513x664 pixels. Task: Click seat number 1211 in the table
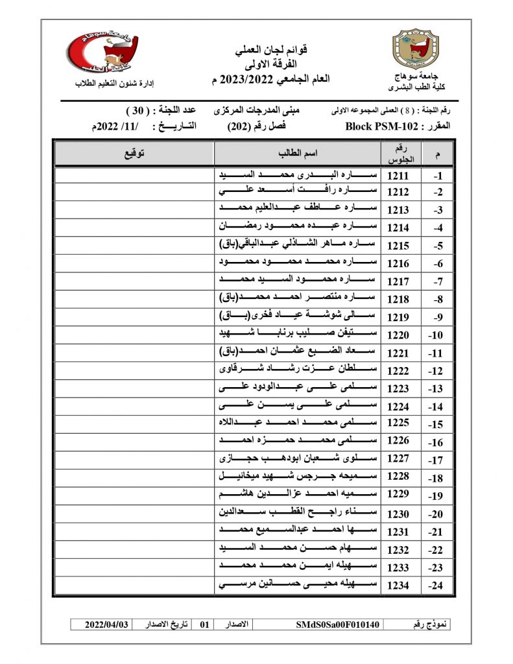point(398,176)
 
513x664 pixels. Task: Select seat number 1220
point(398,335)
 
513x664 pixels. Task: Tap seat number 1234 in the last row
point(398,585)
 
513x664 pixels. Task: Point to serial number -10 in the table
point(436,335)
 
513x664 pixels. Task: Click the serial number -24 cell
point(436,586)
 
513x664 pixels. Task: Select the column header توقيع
point(134,153)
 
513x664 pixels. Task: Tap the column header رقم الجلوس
point(398,153)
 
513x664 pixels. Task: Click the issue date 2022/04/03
point(107,624)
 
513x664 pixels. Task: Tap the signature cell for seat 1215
point(134,246)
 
